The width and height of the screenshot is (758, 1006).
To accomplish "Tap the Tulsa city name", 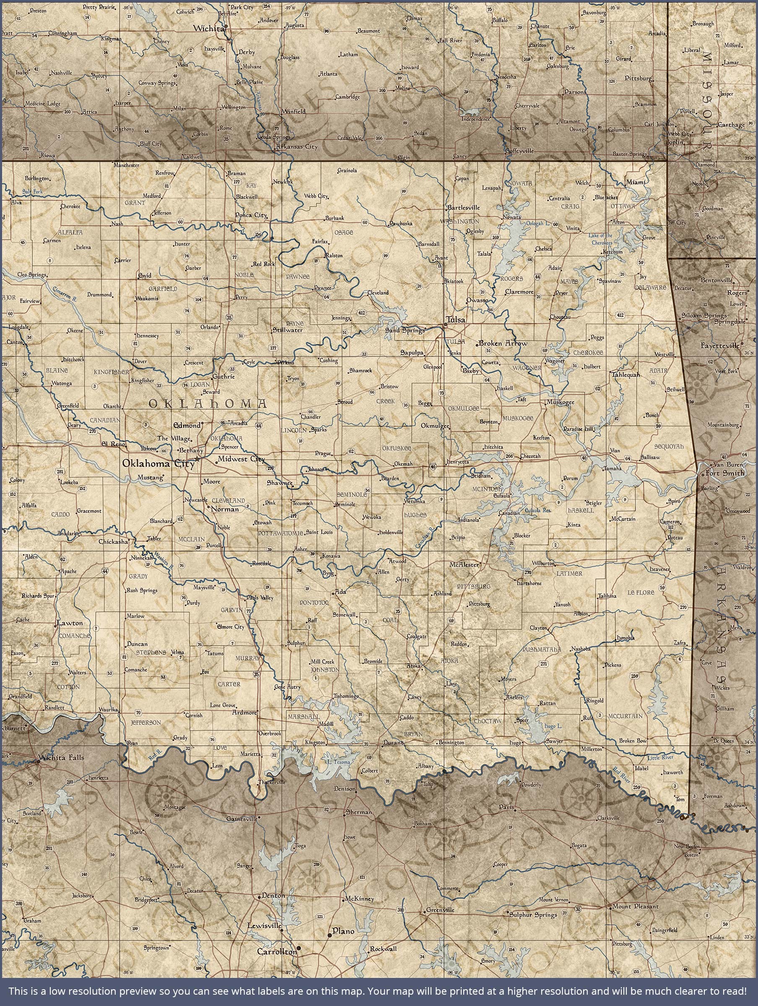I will (x=455, y=319).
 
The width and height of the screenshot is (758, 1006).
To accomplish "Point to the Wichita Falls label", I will (x=62, y=758).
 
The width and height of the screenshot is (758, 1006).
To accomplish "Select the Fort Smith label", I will (x=725, y=473).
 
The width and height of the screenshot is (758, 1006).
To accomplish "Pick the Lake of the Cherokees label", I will (x=600, y=239).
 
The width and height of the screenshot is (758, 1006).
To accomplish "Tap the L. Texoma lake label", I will (x=338, y=762).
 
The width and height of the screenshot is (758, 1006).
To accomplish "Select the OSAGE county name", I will (x=343, y=233).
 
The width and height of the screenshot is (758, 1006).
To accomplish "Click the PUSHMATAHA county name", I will (x=542, y=649).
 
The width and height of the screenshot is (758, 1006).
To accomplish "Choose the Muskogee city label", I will (x=561, y=402).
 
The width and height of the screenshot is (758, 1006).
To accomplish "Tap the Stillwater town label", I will (x=287, y=330).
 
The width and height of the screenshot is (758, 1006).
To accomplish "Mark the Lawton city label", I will (x=70, y=623).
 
